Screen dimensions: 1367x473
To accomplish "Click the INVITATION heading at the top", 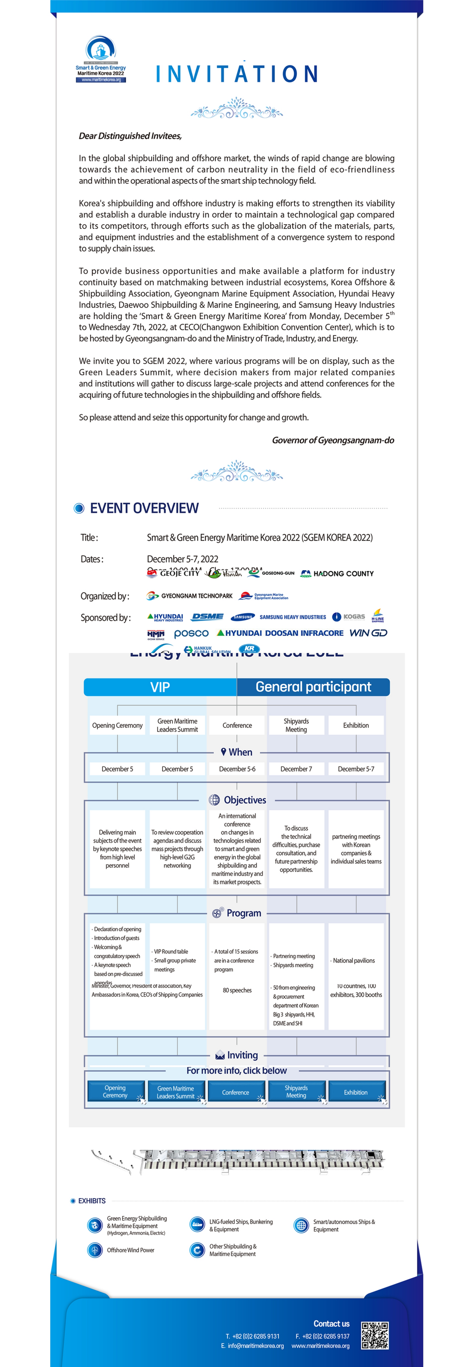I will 237,74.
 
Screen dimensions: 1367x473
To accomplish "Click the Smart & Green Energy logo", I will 101,59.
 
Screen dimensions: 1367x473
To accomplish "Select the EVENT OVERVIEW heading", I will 144,509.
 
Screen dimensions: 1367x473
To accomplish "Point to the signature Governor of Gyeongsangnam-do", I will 333,440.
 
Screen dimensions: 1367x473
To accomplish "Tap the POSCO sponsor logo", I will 191,633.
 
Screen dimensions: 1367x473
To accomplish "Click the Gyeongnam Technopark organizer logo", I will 190,596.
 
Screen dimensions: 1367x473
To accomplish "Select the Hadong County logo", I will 337,574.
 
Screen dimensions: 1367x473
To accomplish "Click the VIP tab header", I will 160,687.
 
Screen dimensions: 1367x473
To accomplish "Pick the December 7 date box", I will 296,769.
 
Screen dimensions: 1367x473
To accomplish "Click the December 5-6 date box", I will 237,769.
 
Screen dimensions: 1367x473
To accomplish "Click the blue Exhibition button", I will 356,1093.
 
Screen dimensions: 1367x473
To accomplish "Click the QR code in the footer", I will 375,1336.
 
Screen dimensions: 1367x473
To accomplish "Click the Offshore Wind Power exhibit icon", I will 95,1250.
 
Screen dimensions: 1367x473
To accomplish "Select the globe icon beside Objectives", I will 214,800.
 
